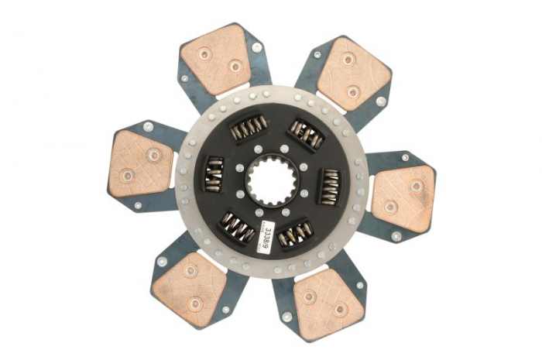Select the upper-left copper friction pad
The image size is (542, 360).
tap(217, 60)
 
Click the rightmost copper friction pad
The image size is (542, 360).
tap(403, 194)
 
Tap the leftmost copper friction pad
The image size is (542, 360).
tap(141, 164)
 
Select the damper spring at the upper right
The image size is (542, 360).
tap(305, 135)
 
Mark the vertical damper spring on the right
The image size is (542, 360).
tap(330, 187)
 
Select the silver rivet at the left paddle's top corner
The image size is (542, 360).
tap(148, 126)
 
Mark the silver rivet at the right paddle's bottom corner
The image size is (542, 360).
tap(396, 236)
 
